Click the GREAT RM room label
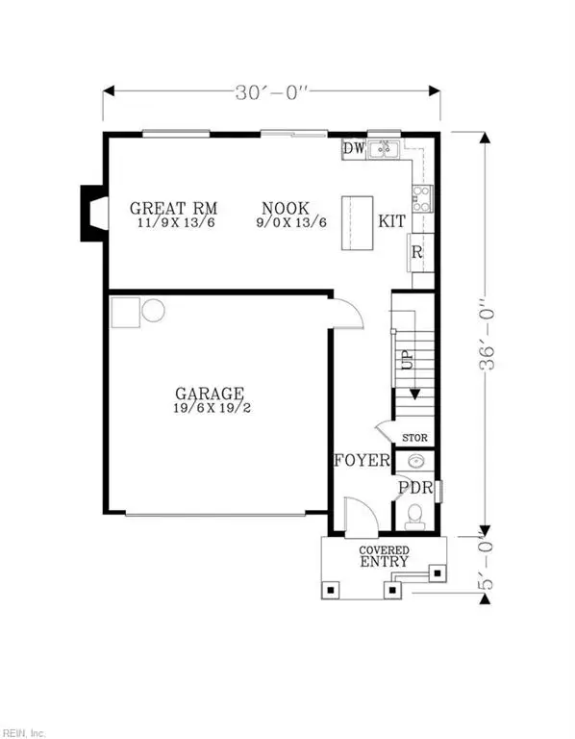[x=173, y=208]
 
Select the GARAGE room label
[x=209, y=394]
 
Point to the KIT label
[x=391, y=221]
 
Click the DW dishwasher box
[x=353, y=150]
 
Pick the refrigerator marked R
[x=417, y=252]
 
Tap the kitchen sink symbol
[x=385, y=149]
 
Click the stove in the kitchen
[x=421, y=199]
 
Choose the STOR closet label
[x=413, y=438]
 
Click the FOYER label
[x=361, y=461]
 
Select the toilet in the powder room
[x=415, y=520]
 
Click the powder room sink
[x=415, y=462]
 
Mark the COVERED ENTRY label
[x=385, y=556]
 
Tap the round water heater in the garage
[x=154, y=310]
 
